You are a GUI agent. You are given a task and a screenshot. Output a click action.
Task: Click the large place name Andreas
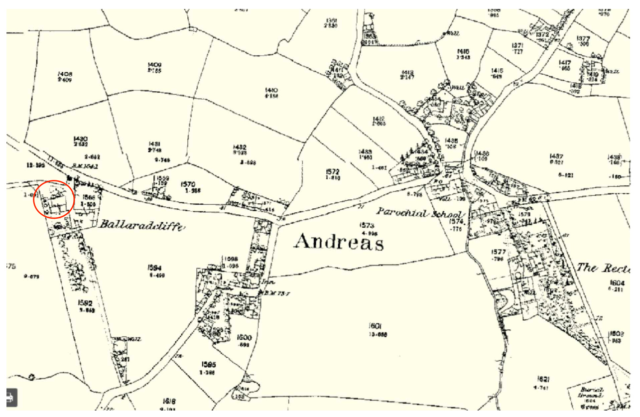[x=339, y=242]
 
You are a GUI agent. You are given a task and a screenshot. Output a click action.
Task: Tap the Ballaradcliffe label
[x=141, y=225]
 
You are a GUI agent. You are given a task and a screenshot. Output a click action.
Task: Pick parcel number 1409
[x=154, y=65]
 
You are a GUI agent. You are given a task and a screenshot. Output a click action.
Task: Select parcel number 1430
[x=80, y=139]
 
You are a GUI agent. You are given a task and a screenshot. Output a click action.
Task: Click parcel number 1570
[x=190, y=184]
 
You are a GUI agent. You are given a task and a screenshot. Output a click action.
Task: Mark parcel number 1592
[x=86, y=302]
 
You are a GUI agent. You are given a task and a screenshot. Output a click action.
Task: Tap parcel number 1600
[x=245, y=337]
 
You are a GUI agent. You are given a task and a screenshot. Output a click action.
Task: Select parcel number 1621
[x=540, y=379]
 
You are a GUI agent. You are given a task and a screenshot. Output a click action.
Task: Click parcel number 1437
[x=556, y=156]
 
